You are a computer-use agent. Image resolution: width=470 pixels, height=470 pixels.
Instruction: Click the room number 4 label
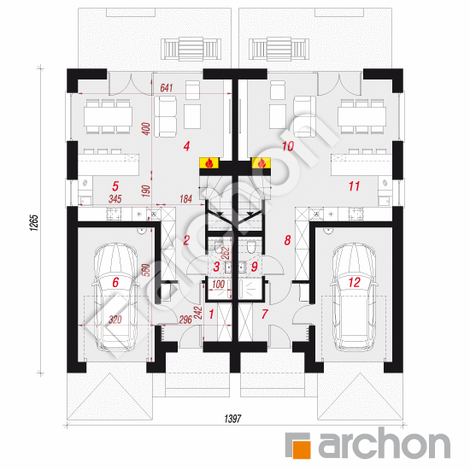click(x=186, y=146)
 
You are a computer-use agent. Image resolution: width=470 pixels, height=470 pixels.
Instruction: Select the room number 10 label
click(x=288, y=146)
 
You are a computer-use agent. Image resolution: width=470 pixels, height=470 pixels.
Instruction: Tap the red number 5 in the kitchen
click(x=115, y=186)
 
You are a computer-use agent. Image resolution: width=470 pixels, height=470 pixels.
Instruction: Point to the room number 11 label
click(x=354, y=186)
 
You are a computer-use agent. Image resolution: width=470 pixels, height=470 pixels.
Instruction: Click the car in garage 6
click(x=115, y=297)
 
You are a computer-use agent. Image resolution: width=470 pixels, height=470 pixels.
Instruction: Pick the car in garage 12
click(x=354, y=297)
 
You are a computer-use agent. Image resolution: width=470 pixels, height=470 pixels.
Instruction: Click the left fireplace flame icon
click(x=209, y=163)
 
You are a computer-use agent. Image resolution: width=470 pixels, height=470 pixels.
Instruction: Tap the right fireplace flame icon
click(x=261, y=163)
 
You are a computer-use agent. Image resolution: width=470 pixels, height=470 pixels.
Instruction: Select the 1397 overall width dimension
click(x=233, y=419)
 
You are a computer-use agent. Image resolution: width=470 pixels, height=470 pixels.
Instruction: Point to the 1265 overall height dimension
click(x=34, y=222)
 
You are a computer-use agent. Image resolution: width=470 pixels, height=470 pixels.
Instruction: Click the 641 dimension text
click(x=167, y=87)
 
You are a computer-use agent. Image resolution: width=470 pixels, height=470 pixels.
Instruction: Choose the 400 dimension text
click(x=146, y=128)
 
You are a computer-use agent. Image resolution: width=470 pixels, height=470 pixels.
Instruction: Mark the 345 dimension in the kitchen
click(x=115, y=199)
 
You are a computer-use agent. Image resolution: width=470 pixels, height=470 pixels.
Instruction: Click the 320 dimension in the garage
click(x=115, y=320)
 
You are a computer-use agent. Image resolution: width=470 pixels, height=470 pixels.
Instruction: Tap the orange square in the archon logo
click(x=302, y=449)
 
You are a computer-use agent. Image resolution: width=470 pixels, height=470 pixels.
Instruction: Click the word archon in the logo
click(x=385, y=444)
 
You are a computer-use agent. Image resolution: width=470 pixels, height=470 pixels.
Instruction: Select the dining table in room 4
click(x=108, y=116)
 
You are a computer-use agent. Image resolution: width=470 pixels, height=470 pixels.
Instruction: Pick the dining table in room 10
click(x=361, y=116)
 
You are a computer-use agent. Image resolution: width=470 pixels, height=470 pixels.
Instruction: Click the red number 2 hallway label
click(x=186, y=240)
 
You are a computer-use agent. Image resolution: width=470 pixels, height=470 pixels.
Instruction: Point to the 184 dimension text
click(x=185, y=199)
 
